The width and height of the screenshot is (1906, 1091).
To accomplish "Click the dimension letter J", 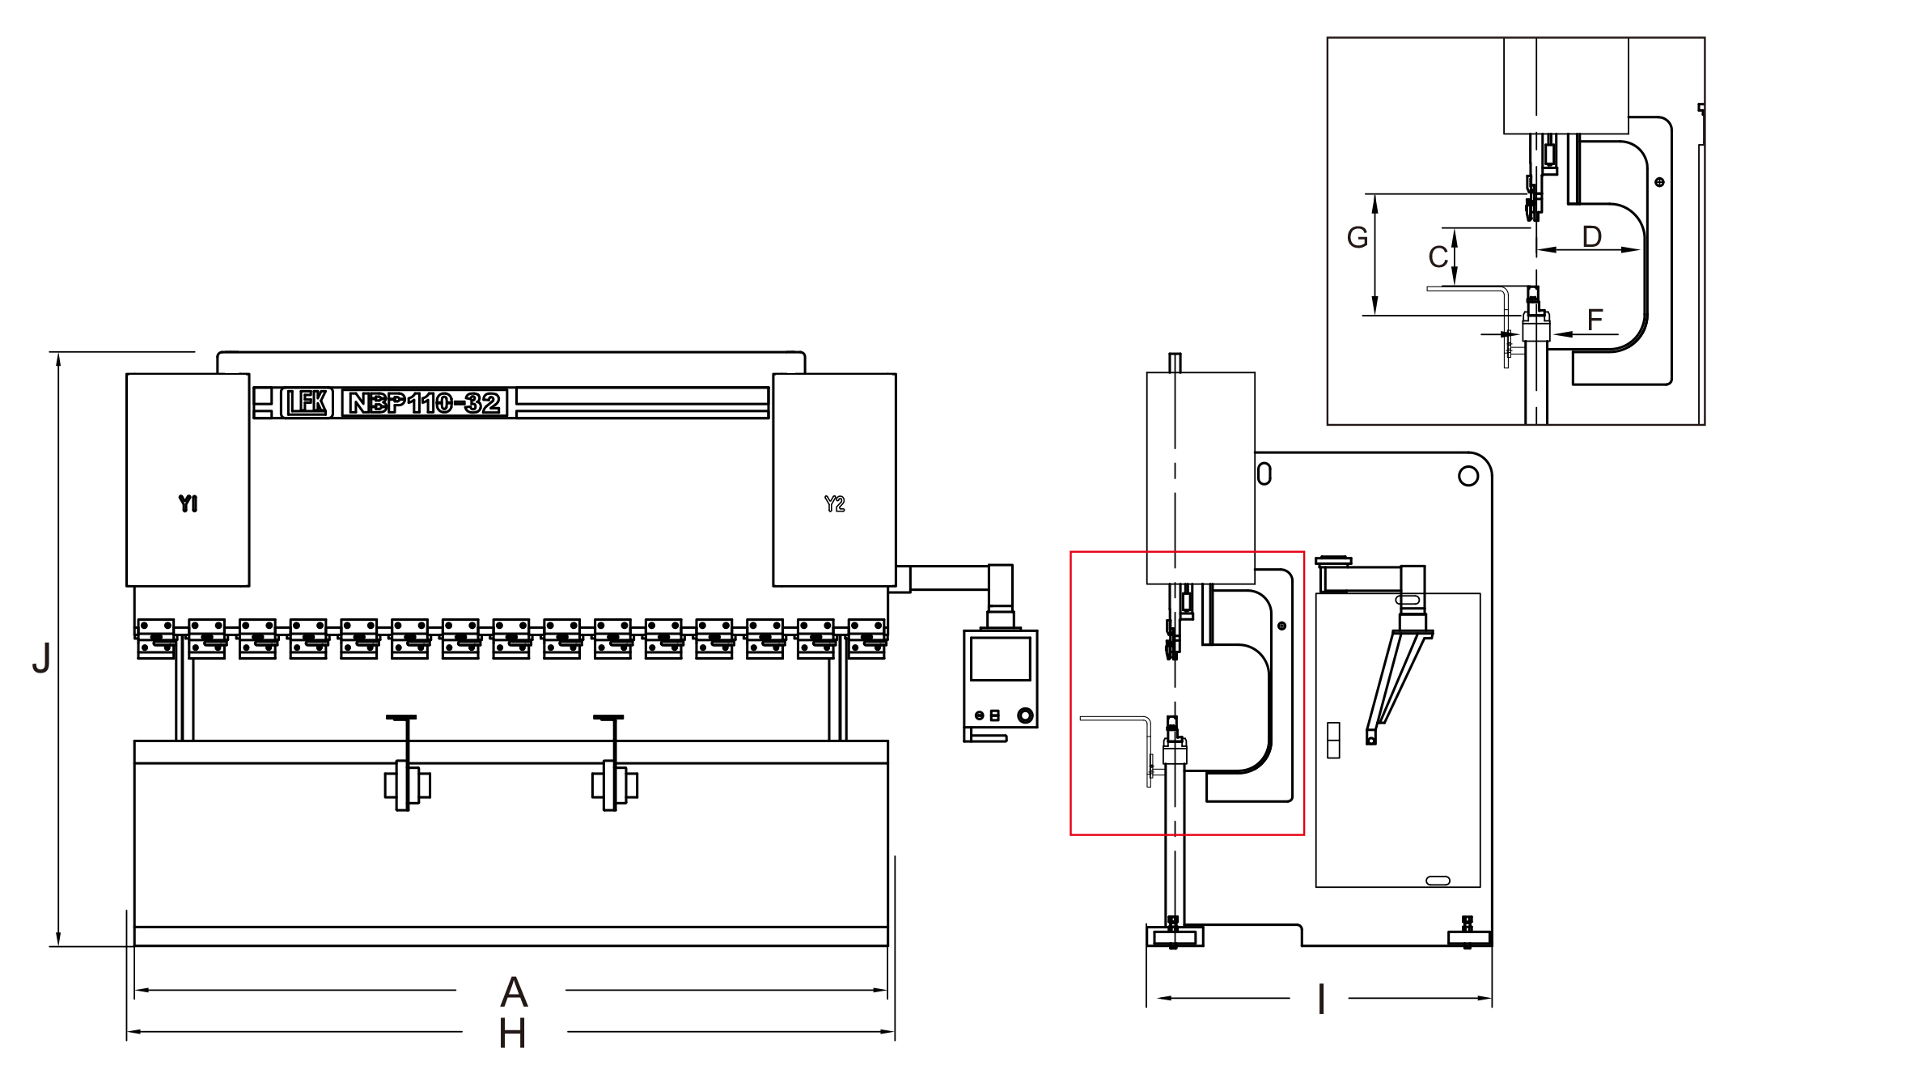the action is [x=41, y=658].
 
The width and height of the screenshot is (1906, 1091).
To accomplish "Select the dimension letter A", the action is [x=514, y=991].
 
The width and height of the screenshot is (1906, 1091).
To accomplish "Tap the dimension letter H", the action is [x=512, y=1034].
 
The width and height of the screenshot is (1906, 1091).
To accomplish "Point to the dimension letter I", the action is [x=1321, y=1000].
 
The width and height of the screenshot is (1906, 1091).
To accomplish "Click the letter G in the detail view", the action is [x=1357, y=237].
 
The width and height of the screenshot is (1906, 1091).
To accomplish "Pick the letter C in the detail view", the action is [x=1438, y=257].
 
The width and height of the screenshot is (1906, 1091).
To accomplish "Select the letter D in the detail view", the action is [x=1591, y=236].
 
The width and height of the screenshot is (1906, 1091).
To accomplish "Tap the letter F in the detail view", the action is [x=1595, y=320].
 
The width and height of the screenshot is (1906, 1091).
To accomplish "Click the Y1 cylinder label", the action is [x=188, y=503].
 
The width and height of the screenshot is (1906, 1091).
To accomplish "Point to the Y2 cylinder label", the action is [x=834, y=504].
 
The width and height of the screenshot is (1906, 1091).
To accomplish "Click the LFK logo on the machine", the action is [x=307, y=402].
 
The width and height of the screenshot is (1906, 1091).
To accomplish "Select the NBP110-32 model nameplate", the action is [x=425, y=402].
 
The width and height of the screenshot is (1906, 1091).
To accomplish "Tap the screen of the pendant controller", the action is [x=1000, y=659].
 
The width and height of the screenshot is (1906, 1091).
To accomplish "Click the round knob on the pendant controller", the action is [x=1025, y=715].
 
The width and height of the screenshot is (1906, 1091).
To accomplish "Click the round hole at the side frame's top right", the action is [x=1468, y=476].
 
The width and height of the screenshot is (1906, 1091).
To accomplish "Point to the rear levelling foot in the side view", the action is [x=1468, y=933].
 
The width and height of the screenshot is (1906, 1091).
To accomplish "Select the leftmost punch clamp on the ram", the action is [x=156, y=639].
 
